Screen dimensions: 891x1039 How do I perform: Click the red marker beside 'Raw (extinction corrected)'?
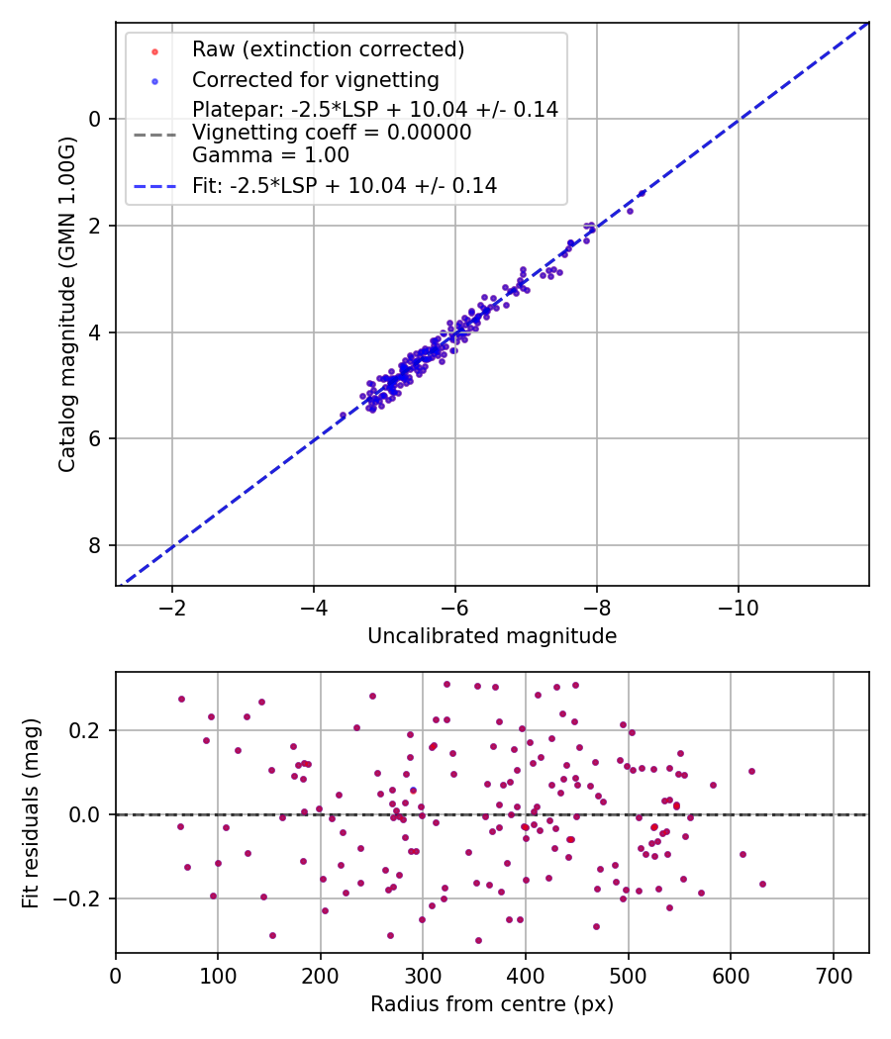click(x=154, y=51)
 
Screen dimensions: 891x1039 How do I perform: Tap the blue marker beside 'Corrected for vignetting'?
click(x=154, y=81)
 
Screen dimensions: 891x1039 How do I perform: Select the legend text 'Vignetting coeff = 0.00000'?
click(x=332, y=132)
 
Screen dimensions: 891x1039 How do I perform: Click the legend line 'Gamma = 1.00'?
click(x=270, y=155)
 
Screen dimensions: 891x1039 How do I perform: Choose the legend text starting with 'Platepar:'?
click(x=375, y=109)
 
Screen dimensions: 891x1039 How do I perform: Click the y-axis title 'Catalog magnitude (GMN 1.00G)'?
click(x=67, y=304)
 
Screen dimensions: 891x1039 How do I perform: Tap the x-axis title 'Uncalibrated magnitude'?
click(x=492, y=636)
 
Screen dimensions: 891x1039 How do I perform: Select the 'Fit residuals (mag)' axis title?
click(x=31, y=813)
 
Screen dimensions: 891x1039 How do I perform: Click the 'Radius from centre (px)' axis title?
click(x=492, y=1004)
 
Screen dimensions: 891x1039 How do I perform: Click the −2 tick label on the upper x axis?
click(x=171, y=608)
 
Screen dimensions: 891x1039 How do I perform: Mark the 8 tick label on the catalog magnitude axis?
click(x=93, y=545)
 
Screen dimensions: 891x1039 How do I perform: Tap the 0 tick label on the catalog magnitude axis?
click(x=93, y=120)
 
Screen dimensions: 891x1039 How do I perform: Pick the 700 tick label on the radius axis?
click(x=833, y=976)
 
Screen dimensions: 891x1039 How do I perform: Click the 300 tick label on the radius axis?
click(x=423, y=976)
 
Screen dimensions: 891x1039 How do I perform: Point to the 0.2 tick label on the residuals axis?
click(x=83, y=731)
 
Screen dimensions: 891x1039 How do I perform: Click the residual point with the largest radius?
click(x=762, y=884)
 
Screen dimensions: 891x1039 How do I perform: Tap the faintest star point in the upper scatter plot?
click(x=343, y=416)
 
